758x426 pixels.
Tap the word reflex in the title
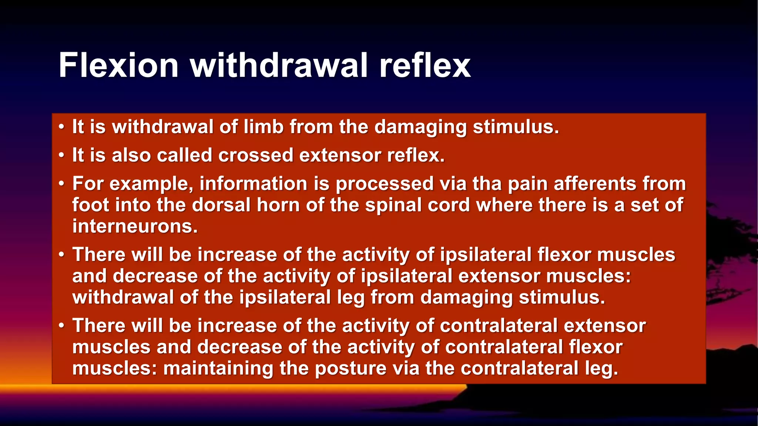(x=425, y=65)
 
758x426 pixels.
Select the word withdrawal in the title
(x=279, y=65)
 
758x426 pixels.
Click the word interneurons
(x=135, y=226)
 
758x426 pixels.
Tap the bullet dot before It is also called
(x=61, y=155)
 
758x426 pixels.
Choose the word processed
(x=384, y=184)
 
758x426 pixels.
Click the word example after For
(x=151, y=184)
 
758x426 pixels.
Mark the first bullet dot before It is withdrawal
(x=61, y=127)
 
